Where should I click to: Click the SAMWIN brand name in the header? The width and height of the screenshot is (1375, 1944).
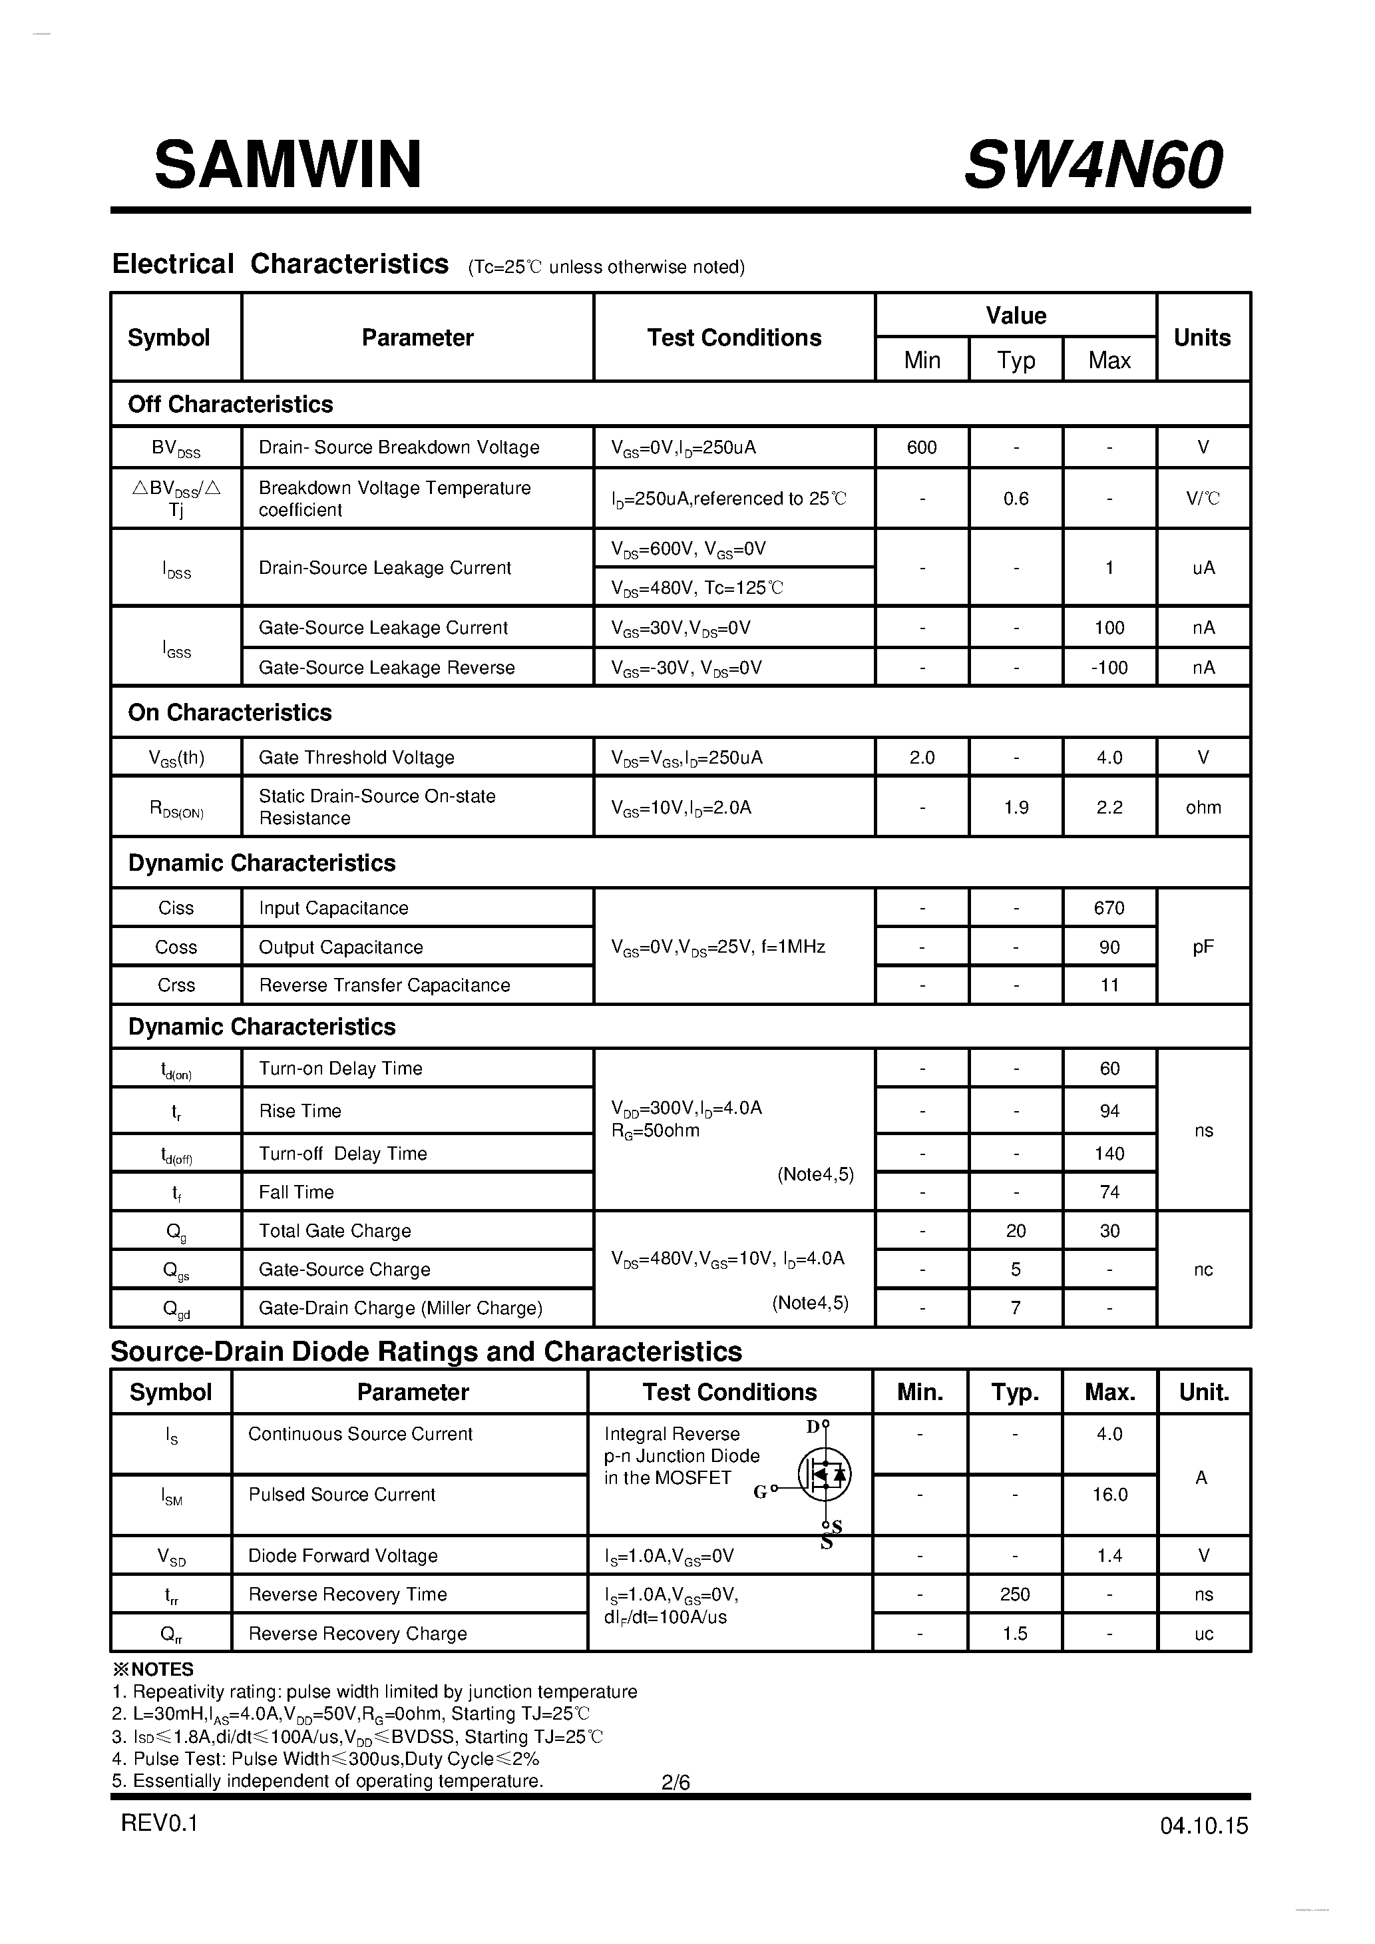[x=288, y=165]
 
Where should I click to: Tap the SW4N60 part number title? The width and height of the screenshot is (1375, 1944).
[x=1092, y=165]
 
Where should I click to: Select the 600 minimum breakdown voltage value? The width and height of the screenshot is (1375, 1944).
[x=921, y=447]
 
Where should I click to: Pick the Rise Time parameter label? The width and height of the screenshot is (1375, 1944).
[x=299, y=1111]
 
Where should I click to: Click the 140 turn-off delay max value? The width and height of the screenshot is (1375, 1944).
[x=1109, y=1153]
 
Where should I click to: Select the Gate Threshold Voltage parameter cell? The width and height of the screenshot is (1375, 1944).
[x=357, y=757]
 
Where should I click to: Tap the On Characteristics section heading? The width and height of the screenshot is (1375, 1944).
[x=230, y=712]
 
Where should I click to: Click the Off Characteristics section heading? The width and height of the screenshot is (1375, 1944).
[x=230, y=404]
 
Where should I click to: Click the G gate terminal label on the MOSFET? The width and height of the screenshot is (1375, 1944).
[x=759, y=1492]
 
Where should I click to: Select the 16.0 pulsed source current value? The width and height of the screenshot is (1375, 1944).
[x=1109, y=1495]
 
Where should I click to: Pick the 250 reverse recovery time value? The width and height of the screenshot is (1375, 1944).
[x=1014, y=1594]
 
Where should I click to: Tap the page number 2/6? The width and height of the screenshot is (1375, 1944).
[x=676, y=1782]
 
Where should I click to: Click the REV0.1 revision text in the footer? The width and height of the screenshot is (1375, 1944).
[x=159, y=1822]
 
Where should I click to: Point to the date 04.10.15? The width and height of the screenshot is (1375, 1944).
[x=1203, y=1825]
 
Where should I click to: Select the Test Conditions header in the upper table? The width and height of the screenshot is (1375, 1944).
[x=734, y=338]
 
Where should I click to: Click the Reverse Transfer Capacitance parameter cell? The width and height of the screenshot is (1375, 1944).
[x=385, y=985]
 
